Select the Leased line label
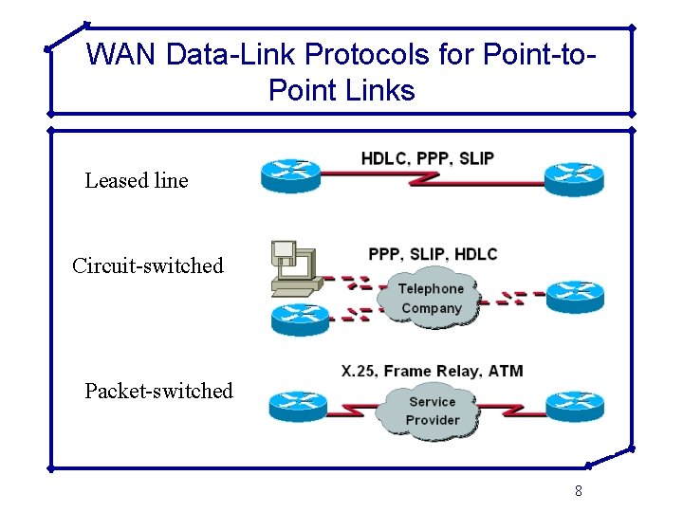click(x=137, y=180)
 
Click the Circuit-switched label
click(x=148, y=265)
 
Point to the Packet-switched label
click(x=158, y=391)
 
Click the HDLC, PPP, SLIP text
click(x=427, y=158)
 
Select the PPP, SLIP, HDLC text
click(x=433, y=254)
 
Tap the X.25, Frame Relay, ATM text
click(x=432, y=371)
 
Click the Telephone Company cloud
click(x=431, y=298)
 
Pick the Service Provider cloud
click(x=433, y=411)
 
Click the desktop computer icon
click(x=295, y=266)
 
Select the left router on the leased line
click(x=291, y=176)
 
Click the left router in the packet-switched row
click(x=298, y=406)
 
